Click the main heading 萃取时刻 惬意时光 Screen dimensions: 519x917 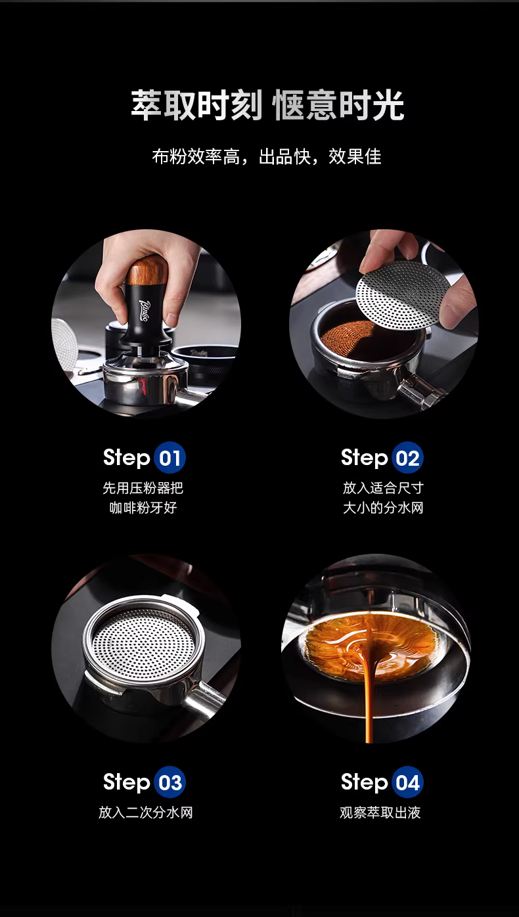pyautogui.click(x=267, y=106)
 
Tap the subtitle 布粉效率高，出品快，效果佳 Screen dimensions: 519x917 pyautogui.click(x=267, y=157)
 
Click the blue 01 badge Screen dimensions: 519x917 pyautogui.click(x=170, y=458)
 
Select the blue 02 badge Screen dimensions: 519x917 pyautogui.click(x=407, y=458)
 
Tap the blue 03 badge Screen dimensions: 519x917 pyautogui.click(x=170, y=782)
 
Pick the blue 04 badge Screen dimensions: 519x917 pyautogui.click(x=407, y=782)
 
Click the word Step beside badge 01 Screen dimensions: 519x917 pyautogui.click(x=127, y=458)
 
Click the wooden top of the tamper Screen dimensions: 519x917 pyautogui.click(x=146, y=271)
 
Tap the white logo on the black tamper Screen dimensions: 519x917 pyautogui.click(x=146, y=311)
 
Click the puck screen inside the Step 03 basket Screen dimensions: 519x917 pyautogui.click(x=143, y=646)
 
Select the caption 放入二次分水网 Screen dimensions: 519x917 pyautogui.click(x=145, y=813)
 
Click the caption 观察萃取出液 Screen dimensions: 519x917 pyautogui.click(x=380, y=813)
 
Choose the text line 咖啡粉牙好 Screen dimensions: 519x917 pyautogui.click(x=143, y=508)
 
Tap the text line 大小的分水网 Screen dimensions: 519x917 pyautogui.click(x=383, y=508)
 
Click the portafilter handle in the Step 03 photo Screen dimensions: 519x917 pyautogui.click(x=202, y=698)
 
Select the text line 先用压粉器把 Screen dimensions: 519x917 pyautogui.click(x=143, y=488)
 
